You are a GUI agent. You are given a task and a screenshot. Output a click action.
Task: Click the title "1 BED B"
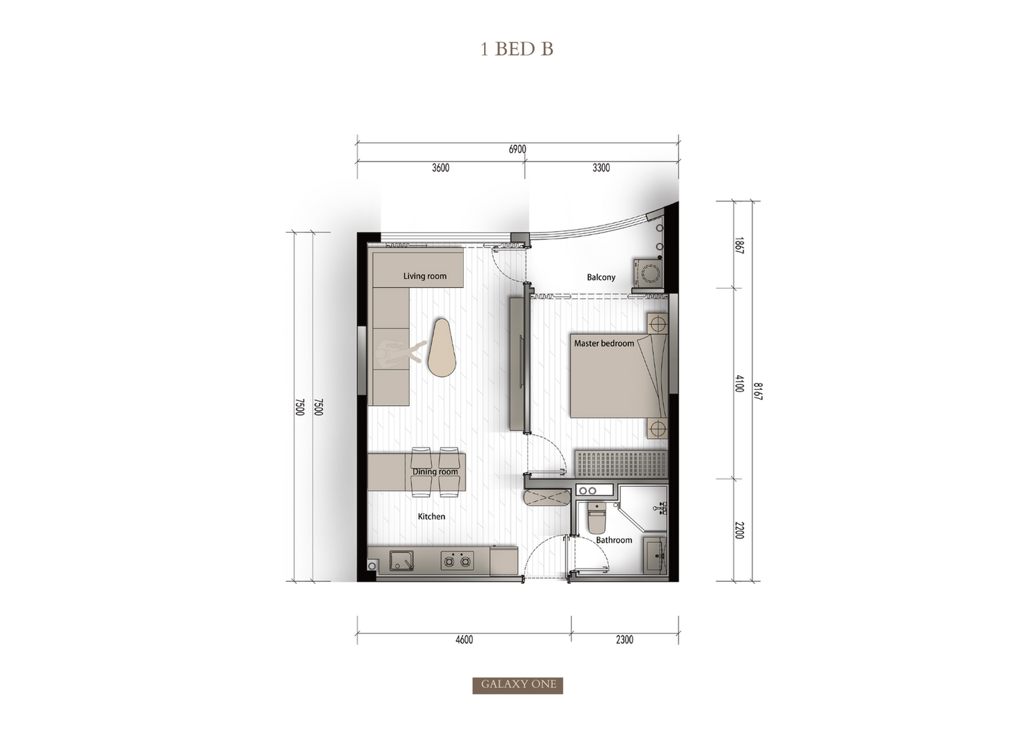[516, 49]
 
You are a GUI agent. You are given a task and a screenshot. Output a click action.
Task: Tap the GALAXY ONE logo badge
[518, 685]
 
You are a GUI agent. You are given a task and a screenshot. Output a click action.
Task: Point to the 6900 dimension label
[518, 149]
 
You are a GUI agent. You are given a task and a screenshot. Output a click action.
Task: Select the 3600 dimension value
[440, 168]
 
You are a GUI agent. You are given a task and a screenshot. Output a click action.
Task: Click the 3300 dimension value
[601, 168]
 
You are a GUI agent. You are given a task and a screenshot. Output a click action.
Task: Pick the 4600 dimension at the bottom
[464, 639]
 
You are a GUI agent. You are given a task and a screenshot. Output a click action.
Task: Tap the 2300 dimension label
[624, 639]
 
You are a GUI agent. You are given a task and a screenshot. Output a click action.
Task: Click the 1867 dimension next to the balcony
[739, 245]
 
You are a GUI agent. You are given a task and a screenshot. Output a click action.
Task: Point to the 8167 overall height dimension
[757, 391]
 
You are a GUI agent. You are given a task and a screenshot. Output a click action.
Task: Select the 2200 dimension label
[739, 530]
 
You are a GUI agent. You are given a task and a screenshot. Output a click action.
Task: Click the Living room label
[425, 276]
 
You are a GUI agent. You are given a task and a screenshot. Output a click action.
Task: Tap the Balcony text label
[601, 277]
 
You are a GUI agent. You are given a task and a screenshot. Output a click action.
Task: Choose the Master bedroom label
[604, 343]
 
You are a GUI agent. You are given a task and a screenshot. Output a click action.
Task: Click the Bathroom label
[614, 539]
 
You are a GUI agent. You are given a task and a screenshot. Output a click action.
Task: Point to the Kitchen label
[431, 516]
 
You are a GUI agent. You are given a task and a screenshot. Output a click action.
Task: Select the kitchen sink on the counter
[402, 560]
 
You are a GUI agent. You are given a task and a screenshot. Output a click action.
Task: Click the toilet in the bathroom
[596, 518]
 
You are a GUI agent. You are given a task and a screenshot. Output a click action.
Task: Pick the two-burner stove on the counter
[457, 560]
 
